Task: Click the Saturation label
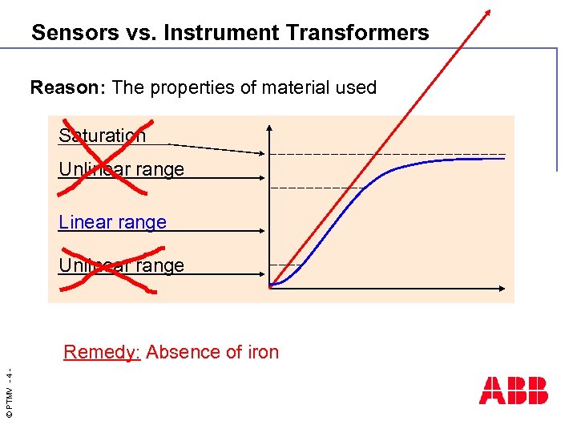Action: [x=103, y=136]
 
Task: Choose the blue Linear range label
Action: [x=113, y=222]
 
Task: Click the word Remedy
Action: [x=102, y=352]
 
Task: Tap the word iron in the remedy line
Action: [x=262, y=352]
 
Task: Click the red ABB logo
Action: [x=514, y=390]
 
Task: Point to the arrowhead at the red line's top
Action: [x=487, y=13]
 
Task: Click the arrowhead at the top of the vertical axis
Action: [x=270, y=128]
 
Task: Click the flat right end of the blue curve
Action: [x=501, y=159]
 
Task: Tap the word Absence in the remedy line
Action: [x=183, y=352]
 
